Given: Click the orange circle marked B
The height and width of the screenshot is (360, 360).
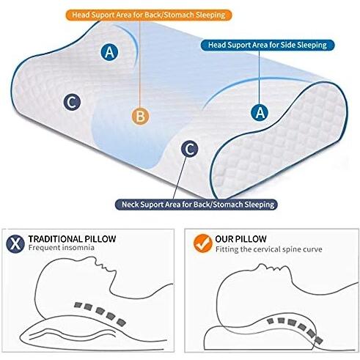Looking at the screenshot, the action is [x=140, y=116].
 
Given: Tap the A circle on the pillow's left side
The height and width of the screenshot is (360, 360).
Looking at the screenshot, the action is [x=109, y=52].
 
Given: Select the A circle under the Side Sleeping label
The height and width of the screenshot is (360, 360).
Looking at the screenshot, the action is [x=260, y=112].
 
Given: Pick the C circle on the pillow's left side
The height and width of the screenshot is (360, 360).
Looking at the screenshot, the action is [x=72, y=102].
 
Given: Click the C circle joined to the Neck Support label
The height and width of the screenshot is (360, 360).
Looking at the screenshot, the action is [x=189, y=149].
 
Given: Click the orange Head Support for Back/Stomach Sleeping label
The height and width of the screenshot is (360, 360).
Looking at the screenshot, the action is [x=148, y=15].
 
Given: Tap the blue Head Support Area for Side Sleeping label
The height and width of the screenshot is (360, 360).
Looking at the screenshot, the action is [x=268, y=45].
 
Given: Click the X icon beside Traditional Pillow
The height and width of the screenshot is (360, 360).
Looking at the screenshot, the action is [x=15, y=244].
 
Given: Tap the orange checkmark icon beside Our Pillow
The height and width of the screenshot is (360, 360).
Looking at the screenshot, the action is [x=202, y=243].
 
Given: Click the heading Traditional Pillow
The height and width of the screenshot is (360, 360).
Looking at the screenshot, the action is [x=72, y=239].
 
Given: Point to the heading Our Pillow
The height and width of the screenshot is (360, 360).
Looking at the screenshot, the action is [x=240, y=239].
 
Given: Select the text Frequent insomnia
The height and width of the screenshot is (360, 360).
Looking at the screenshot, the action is [x=61, y=248].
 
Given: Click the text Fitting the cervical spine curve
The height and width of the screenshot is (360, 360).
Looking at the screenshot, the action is [x=269, y=249].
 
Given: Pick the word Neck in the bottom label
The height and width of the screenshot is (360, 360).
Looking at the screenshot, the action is [x=131, y=205].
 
